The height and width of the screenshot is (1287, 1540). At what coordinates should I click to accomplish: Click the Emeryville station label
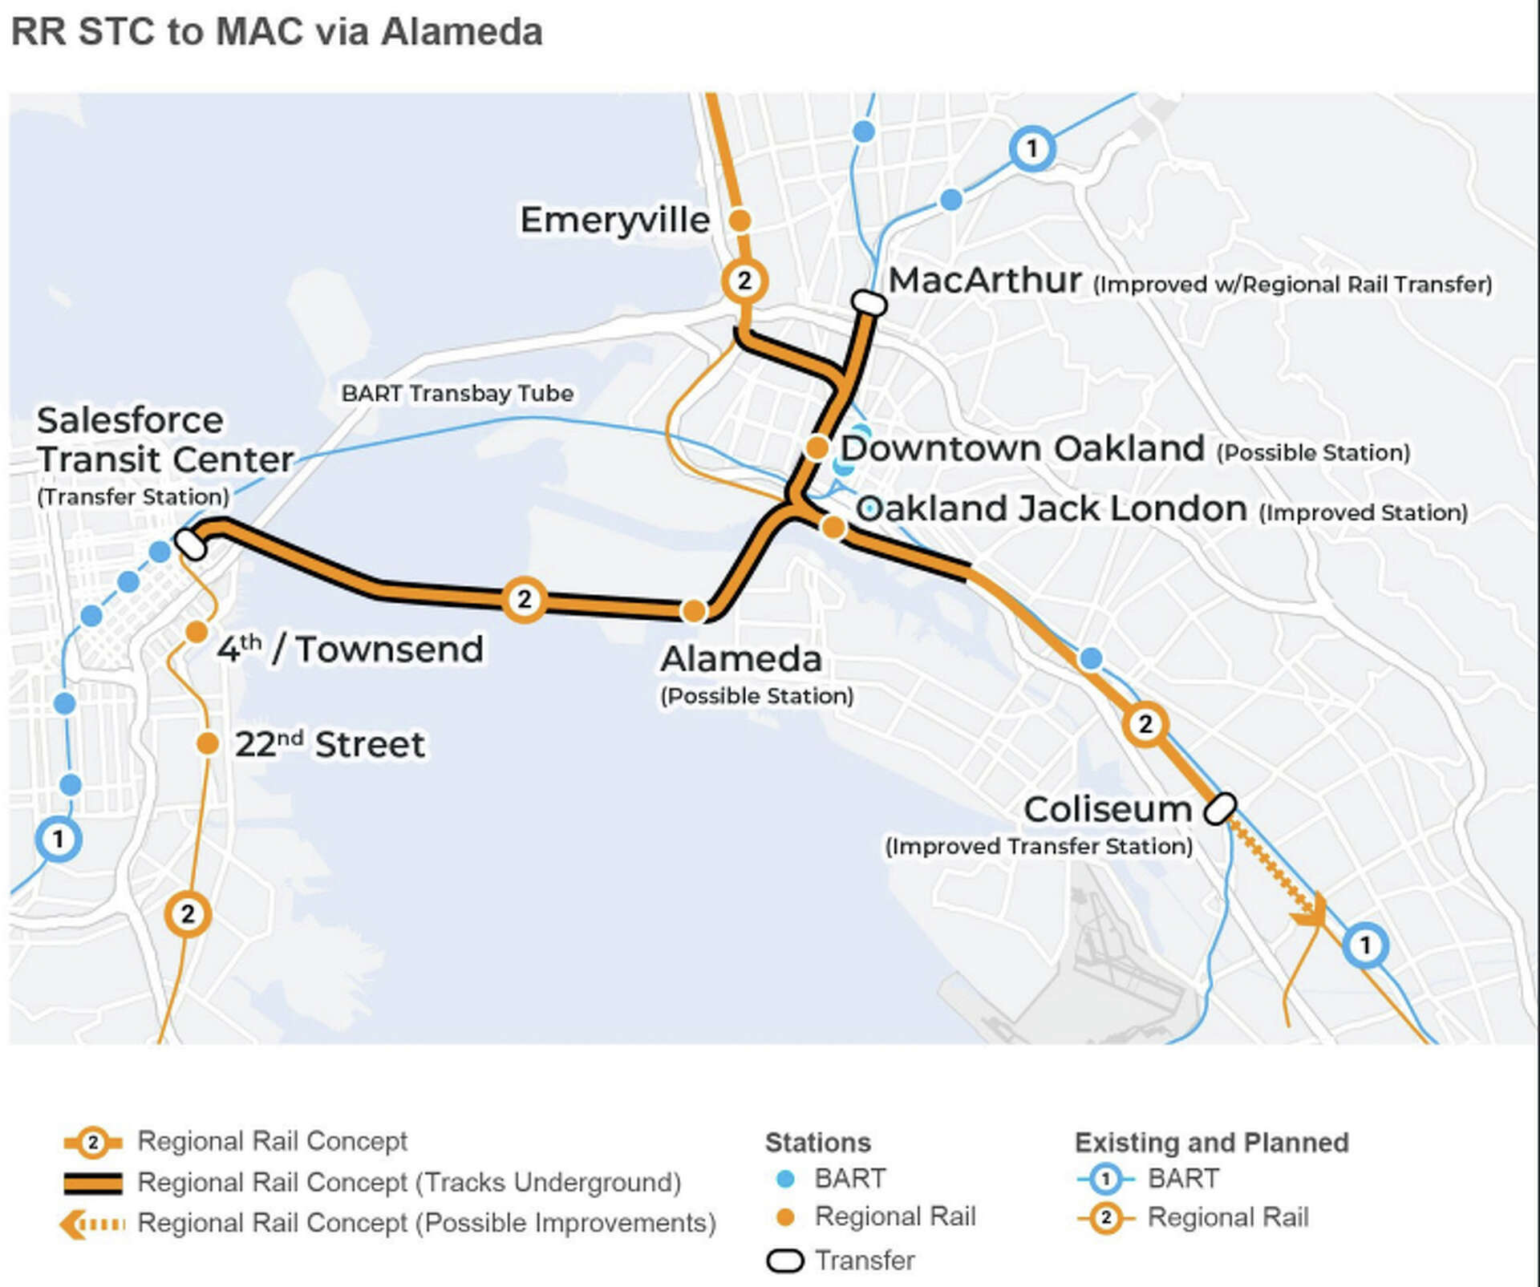pyautogui.click(x=614, y=220)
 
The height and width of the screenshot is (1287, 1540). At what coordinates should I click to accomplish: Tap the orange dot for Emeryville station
pyautogui.click(x=740, y=220)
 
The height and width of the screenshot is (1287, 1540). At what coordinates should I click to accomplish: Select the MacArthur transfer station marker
pyautogui.click(x=868, y=303)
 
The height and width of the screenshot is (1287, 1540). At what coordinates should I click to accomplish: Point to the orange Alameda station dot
pyautogui.click(x=694, y=611)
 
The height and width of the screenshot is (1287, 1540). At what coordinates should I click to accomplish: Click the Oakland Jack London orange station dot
pyautogui.click(x=833, y=527)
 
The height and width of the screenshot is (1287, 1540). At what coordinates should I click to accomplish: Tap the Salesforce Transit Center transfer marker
pyautogui.click(x=191, y=543)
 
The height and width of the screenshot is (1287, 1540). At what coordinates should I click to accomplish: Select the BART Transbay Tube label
pyautogui.click(x=457, y=393)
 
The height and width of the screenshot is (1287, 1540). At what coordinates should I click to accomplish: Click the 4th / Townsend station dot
pyautogui.click(x=197, y=632)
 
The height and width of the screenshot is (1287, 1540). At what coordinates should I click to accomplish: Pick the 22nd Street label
pyautogui.click(x=330, y=744)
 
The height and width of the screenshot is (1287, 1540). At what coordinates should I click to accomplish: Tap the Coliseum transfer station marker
pyautogui.click(x=1220, y=808)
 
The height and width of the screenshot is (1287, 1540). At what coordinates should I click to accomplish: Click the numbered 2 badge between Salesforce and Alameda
pyautogui.click(x=524, y=599)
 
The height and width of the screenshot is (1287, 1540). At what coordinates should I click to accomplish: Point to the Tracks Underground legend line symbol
pyautogui.click(x=93, y=1183)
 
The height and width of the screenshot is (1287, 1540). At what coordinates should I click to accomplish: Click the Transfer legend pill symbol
pyautogui.click(x=784, y=1261)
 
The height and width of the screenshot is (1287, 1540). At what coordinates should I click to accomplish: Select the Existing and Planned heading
pyautogui.click(x=1211, y=1142)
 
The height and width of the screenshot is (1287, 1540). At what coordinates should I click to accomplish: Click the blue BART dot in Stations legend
pyautogui.click(x=786, y=1179)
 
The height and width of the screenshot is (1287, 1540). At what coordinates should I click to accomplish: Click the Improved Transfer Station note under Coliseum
pyautogui.click(x=1039, y=846)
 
